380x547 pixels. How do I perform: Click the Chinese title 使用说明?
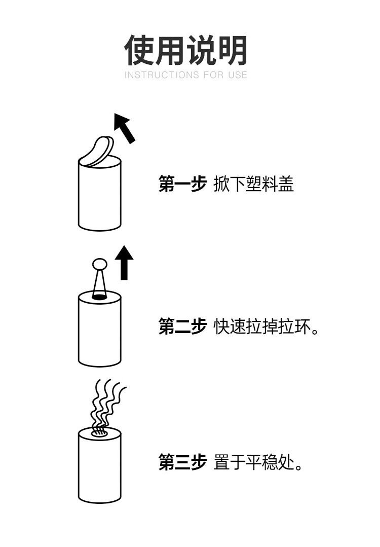(185, 51)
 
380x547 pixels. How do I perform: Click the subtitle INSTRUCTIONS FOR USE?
(185, 75)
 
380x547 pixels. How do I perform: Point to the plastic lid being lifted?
(98, 151)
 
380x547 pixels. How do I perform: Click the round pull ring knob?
(99, 264)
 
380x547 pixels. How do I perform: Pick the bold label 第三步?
(182, 462)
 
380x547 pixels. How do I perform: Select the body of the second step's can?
(99, 335)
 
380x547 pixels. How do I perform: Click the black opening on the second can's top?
(99, 297)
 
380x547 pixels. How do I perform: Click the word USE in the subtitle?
(238, 75)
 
